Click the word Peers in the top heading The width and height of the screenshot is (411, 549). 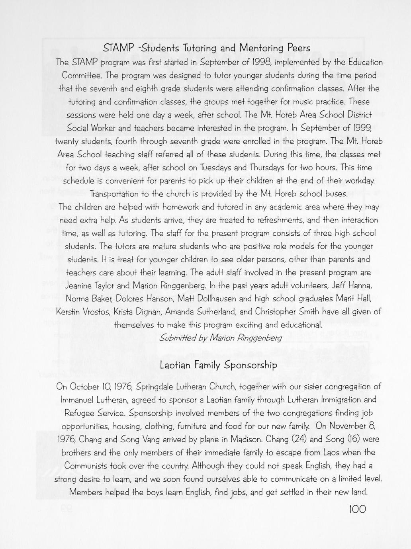pos(295,48)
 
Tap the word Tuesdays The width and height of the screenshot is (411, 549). pos(235,167)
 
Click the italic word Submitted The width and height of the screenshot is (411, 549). pos(177,338)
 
